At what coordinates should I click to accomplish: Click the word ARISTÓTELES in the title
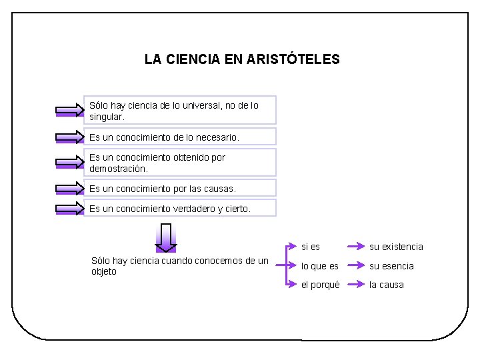pyautogui.click(x=293, y=59)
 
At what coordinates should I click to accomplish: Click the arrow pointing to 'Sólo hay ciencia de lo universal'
pyautogui.click(x=70, y=111)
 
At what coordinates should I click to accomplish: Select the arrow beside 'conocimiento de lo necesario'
pyautogui.click(x=70, y=137)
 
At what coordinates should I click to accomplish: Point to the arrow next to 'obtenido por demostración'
pyautogui.click(x=70, y=163)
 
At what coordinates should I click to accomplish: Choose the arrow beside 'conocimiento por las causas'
pyautogui.click(x=70, y=189)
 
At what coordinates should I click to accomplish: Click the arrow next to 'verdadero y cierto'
pyautogui.click(x=70, y=209)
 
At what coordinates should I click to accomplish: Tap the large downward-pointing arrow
pyautogui.click(x=165, y=237)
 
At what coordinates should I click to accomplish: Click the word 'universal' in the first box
pyautogui.click(x=208, y=105)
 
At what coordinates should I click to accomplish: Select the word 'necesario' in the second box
pyautogui.click(x=217, y=137)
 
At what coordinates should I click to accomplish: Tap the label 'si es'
pyautogui.click(x=311, y=247)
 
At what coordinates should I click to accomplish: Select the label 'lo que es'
pyautogui.click(x=320, y=266)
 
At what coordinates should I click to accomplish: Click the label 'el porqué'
pyautogui.click(x=321, y=285)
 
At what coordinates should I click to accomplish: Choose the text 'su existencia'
pyautogui.click(x=396, y=247)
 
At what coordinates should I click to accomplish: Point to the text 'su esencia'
pyautogui.click(x=391, y=266)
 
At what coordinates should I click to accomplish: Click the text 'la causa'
pyautogui.click(x=387, y=285)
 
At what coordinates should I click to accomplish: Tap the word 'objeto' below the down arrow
pyautogui.click(x=103, y=271)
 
